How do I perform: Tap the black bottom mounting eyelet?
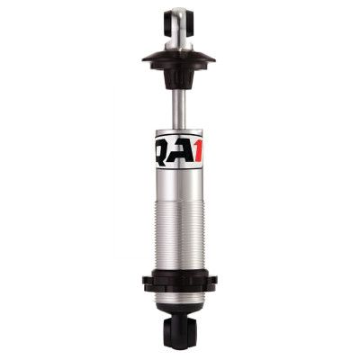point(179,335)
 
